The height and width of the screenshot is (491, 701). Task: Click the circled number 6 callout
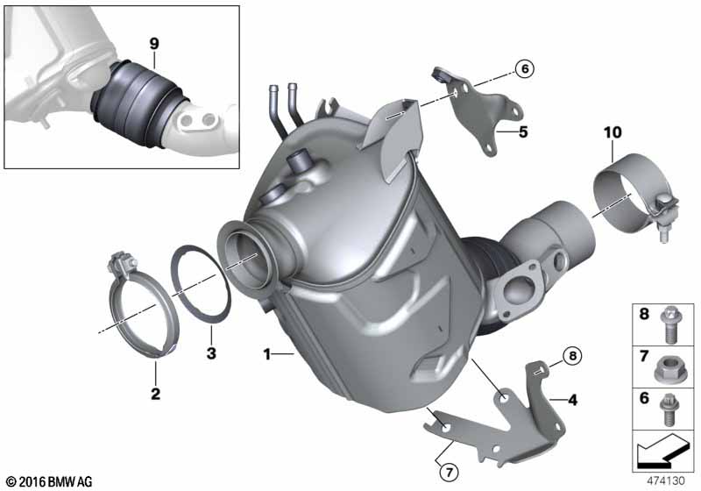[x=524, y=68]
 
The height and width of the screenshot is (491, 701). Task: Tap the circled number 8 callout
[x=573, y=356]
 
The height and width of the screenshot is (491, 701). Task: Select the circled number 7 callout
[x=450, y=471]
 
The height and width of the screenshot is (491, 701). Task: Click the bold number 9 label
[x=154, y=44]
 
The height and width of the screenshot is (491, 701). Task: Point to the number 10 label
[x=612, y=132]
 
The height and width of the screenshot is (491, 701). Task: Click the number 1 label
[x=267, y=354]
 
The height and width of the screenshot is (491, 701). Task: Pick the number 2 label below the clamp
[x=155, y=394]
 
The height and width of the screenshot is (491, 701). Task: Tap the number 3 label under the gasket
[x=211, y=353]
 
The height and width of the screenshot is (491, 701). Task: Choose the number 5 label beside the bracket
[x=523, y=132]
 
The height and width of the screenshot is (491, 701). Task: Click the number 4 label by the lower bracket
[x=573, y=399]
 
